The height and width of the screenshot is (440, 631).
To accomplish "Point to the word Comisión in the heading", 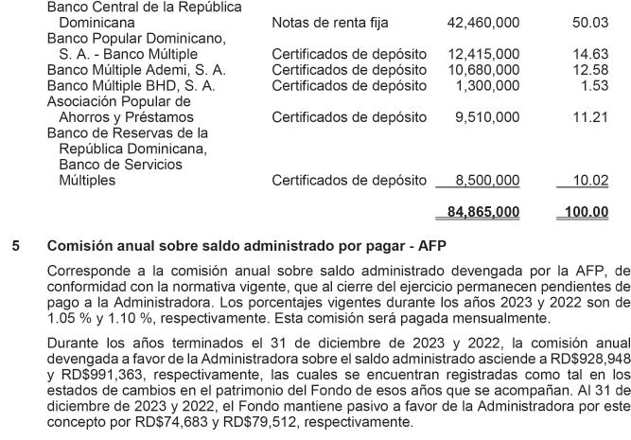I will pyautogui.click(x=79, y=246).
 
